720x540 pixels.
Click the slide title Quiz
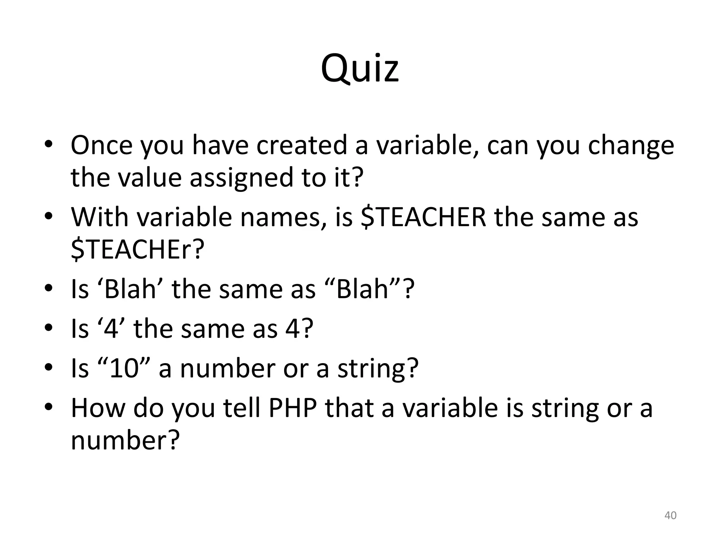[x=360, y=69]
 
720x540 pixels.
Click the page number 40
[x=670, y=515]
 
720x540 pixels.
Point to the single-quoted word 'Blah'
[x=128, y=289]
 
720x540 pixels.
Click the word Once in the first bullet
[x=102, y=145]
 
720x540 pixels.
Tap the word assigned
[x=241, y=177]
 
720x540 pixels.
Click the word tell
[x=243, y=408]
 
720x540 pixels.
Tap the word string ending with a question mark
[x=378, y=369]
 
